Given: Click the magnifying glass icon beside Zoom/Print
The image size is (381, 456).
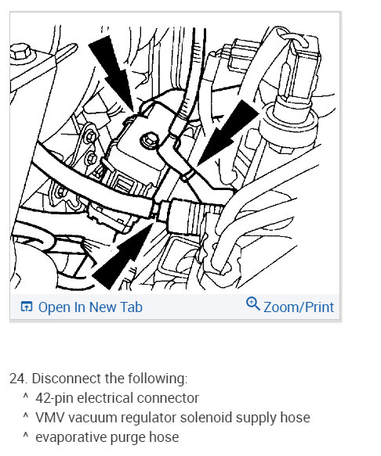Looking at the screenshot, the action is pos(252,304).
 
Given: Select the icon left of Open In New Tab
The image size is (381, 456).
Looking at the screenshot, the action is pos(27,307).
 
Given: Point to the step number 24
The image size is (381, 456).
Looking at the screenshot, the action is pos(19,379).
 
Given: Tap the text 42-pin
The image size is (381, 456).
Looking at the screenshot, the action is pos(55,398).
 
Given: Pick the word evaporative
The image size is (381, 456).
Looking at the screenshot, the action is pos(71,437).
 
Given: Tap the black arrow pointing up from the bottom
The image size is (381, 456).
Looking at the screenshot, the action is pos(123,257).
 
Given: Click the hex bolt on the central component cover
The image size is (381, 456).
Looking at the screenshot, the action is pos(150,140).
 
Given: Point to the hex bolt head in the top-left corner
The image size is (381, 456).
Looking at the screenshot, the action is pos(20,52).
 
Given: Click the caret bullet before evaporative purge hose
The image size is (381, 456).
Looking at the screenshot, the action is pos(25,435).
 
